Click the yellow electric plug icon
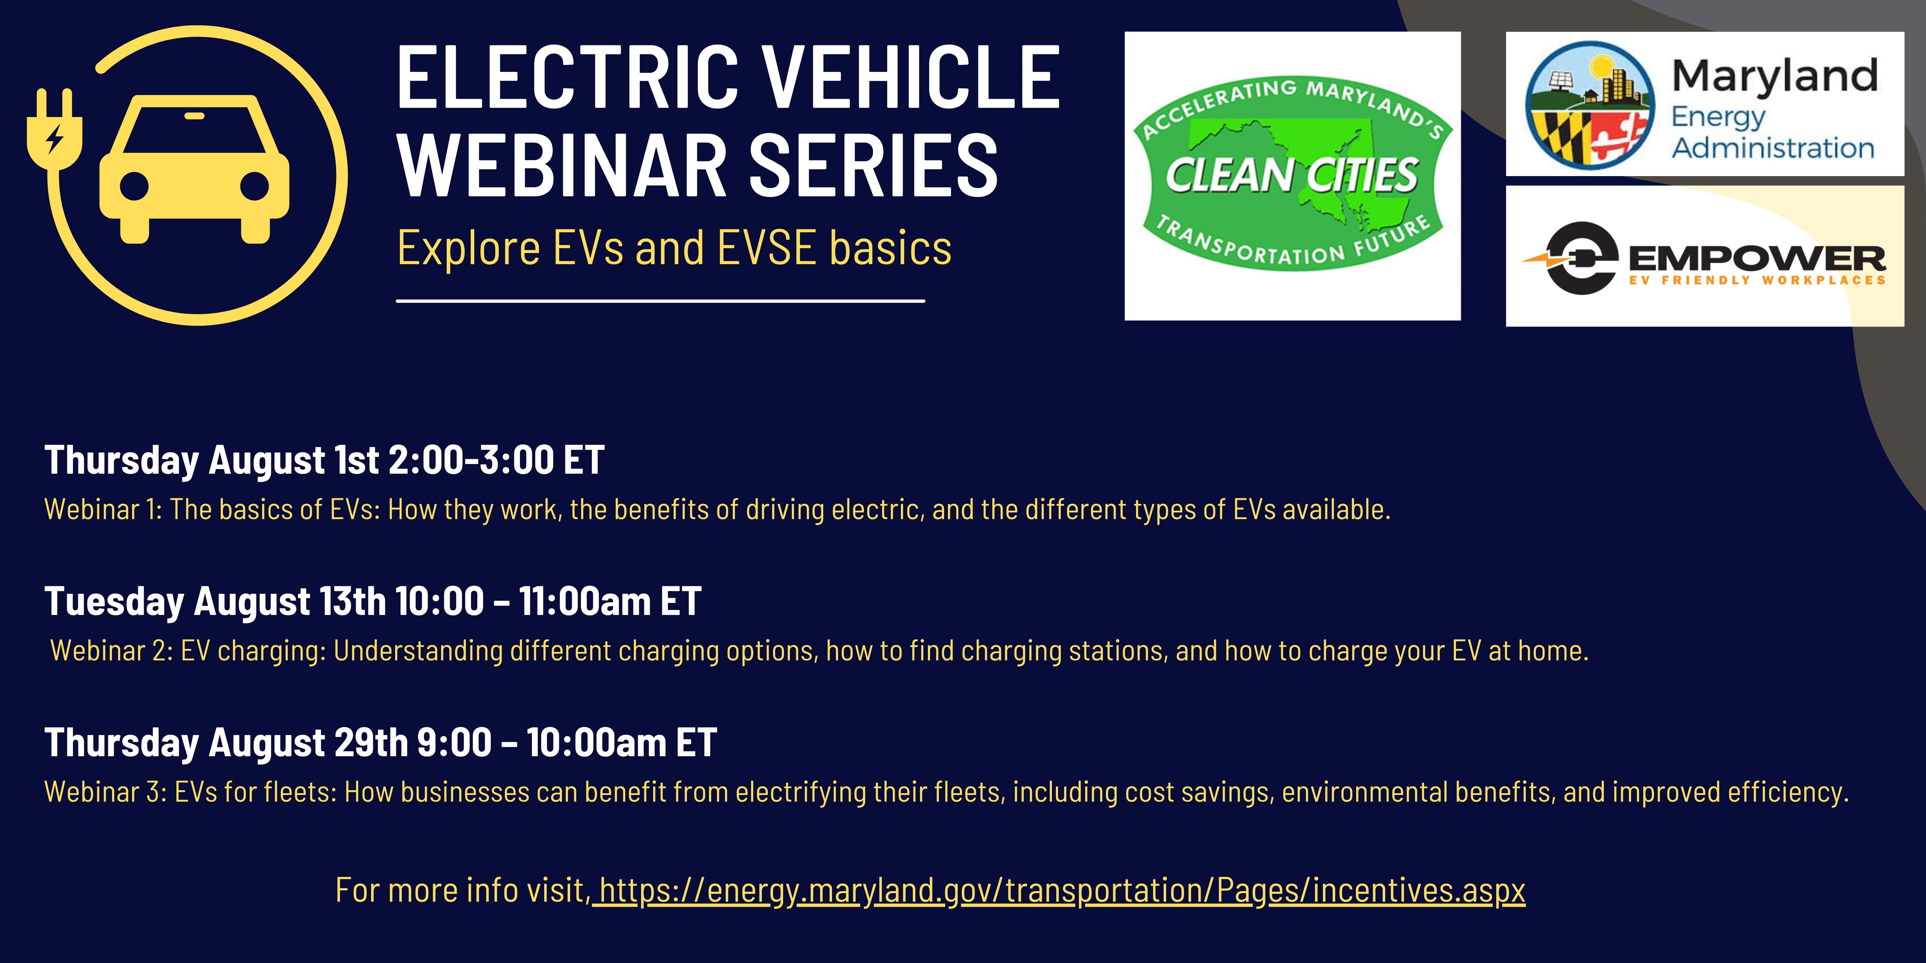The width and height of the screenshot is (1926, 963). tap(54, 133)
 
